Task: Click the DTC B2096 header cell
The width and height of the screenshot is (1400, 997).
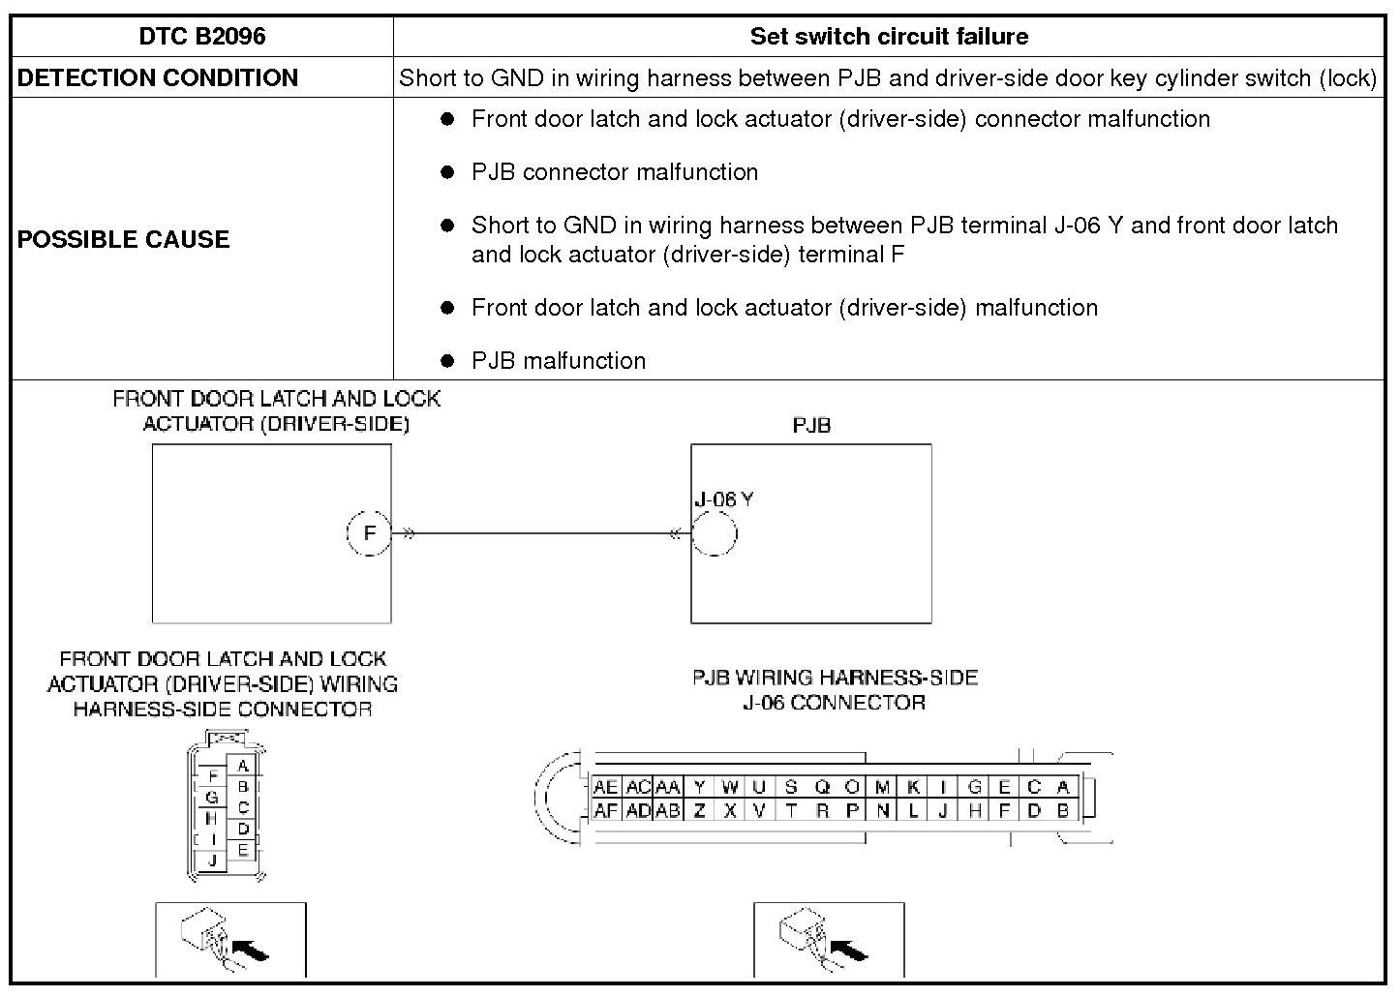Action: [x=201, y=37]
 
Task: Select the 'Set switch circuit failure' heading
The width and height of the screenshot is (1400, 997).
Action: [x=889, y=37]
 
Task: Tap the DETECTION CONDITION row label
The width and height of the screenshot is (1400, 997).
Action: [x=158, y=78]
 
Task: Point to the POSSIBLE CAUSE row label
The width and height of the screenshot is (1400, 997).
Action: [x=123, y=239]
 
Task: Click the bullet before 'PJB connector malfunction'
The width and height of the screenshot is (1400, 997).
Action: [x=447, y=172]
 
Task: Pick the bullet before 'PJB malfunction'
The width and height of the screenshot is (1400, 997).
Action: [x=447, y=361]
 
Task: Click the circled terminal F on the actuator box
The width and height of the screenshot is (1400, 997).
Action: [x=369, y=533]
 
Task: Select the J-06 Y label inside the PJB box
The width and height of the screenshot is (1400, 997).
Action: [x=723, y=499]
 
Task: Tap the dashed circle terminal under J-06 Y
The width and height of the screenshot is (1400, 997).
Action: [x=715, y=533]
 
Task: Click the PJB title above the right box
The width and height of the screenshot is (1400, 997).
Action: [x=811, y=425]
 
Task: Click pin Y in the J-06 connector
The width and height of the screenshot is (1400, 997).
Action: [x=700, y=788]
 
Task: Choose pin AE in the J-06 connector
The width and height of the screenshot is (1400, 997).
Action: [x=605, y=788]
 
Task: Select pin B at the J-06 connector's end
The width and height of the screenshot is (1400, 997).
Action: [x=1063, y=811]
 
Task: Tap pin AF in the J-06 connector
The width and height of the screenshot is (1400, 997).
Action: [x=605, y=811]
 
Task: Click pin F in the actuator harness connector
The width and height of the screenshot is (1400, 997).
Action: [x=213, y=776]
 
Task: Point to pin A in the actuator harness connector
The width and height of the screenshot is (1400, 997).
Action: [x=243, y=766]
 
